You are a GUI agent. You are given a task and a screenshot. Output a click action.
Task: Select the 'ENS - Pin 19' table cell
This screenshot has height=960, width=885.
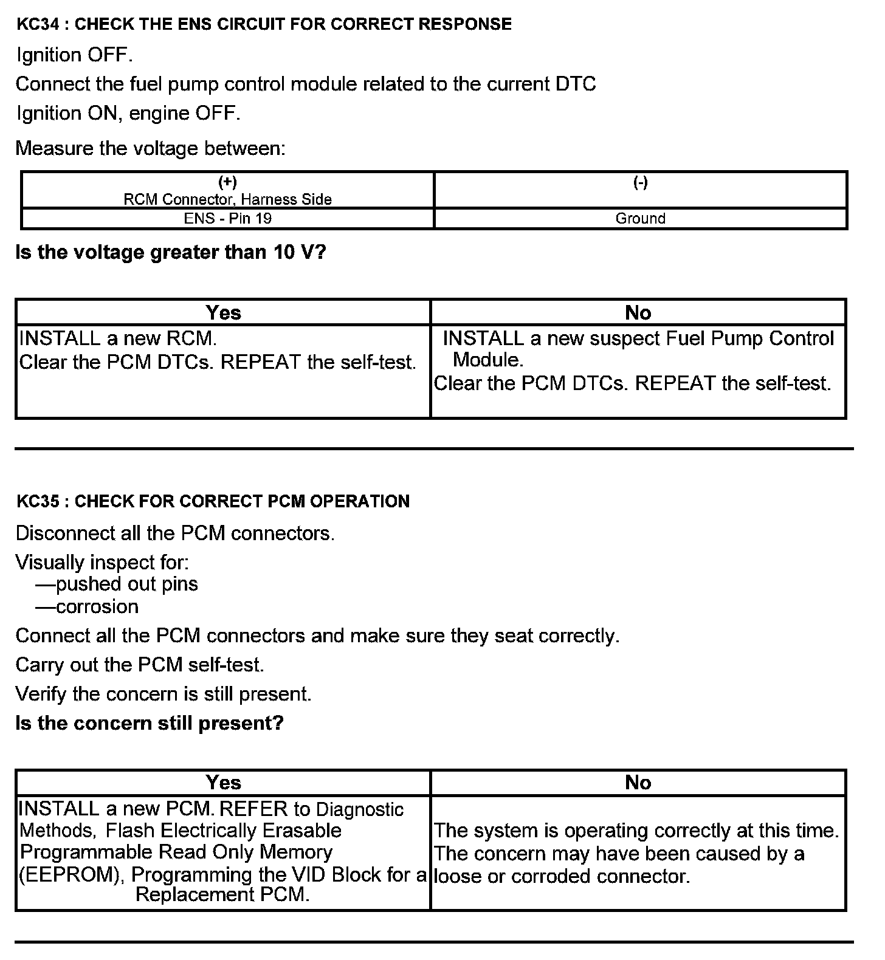point(227,218)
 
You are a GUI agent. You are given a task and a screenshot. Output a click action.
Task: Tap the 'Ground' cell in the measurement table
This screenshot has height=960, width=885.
point(640,218)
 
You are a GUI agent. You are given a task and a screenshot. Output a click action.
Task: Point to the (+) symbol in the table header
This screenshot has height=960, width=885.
point(227,182)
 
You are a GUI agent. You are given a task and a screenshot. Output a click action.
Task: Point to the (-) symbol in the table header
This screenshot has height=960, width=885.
point(640,182)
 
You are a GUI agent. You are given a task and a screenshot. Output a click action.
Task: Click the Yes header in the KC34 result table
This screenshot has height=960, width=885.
point(223,312)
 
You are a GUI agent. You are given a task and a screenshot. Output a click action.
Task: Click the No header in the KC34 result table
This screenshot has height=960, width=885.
point(638,312)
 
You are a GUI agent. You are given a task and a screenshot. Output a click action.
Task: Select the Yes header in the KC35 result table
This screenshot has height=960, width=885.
point(223,783)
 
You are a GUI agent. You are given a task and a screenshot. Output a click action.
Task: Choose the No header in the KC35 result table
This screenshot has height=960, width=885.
point(638,783)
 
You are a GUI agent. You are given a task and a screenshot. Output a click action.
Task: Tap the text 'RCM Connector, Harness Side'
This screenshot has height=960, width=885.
point(227,199)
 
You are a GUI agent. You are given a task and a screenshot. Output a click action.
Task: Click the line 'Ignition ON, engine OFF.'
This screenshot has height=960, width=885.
point(128,114)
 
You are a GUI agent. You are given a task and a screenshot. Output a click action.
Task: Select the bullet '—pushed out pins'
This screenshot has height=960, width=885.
point(117,584)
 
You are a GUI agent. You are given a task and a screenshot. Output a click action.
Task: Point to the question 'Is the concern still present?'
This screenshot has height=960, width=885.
point(150,723)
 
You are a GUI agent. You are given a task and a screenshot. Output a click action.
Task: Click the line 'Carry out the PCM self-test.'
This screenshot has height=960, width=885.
point(140,665)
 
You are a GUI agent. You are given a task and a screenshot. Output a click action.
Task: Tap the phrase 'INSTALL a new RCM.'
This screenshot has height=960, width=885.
point(118,338)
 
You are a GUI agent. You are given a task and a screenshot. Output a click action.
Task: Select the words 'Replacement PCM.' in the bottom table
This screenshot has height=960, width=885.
point(222,894)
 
